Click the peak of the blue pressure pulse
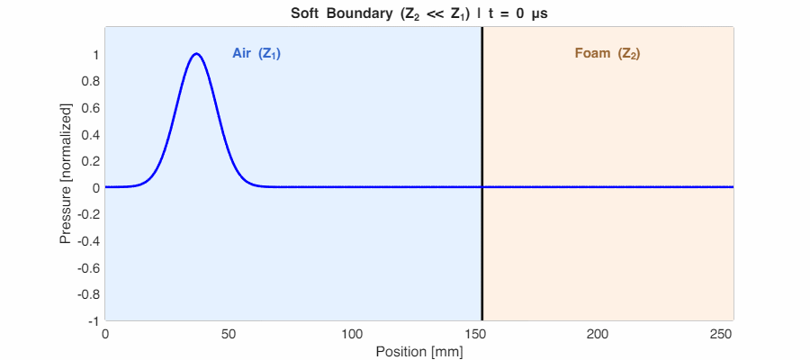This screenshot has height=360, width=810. coord(196,54)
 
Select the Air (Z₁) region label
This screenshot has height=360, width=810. coord(256,53)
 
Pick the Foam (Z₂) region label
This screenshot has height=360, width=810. coord(607,53)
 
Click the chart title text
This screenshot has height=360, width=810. coord(419,13)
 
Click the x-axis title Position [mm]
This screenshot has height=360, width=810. coord(419,351)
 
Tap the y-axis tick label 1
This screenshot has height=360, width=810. coord(94,55)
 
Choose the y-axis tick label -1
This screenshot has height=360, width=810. coord(92,320)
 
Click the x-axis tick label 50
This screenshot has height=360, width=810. coord(229,334)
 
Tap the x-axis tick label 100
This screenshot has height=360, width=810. coord(352,334)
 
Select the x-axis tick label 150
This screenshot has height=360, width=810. coord(475,334)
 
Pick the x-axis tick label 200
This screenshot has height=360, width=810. coord(598,334)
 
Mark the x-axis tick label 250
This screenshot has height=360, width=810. coord(722,334)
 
